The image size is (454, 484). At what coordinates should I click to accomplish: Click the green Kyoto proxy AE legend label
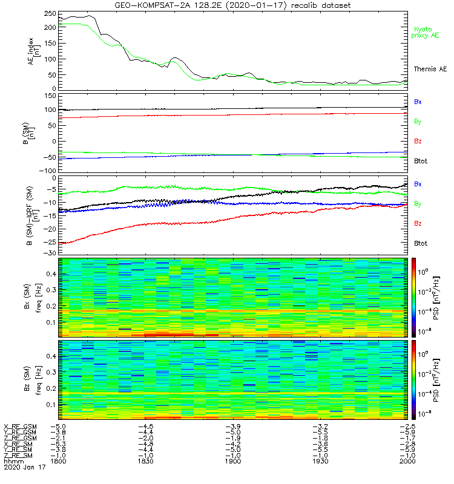(x=427, y=32)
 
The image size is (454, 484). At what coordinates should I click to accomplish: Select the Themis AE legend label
(x=430, y=70)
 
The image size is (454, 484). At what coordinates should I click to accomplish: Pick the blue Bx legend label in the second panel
(x=418, y=102)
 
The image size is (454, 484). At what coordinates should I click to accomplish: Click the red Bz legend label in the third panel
(x=418, y=223)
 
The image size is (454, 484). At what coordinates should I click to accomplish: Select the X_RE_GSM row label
(x=20, y=426)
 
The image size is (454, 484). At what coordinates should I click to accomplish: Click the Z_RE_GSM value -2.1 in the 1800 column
(x=58, y=437)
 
